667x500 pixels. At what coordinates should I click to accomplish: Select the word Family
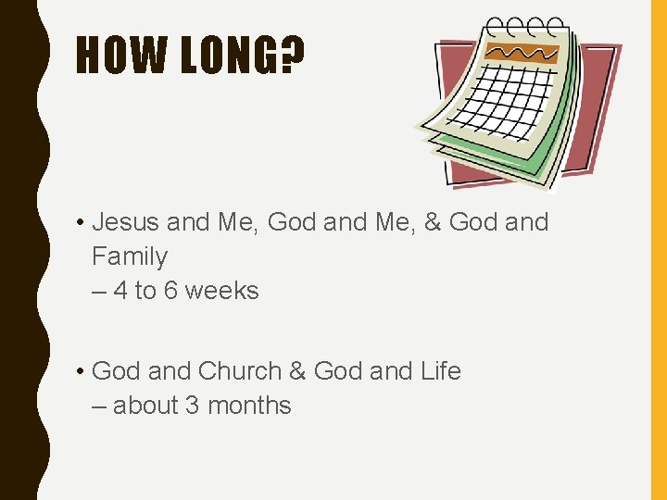(x=130, y=256)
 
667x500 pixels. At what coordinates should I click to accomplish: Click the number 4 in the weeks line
(x=120, y=291)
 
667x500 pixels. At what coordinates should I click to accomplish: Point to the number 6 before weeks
(x=171, y=291)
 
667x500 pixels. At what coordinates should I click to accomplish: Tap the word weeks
(x=222, y=291)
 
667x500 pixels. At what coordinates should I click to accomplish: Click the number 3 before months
(x=193, y=406)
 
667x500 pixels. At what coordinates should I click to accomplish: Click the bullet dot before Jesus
(x=82, y=223)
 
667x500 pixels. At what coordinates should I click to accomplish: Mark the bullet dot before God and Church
(x=82, y=372)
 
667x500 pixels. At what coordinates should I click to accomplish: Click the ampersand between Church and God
(x=297, y=371)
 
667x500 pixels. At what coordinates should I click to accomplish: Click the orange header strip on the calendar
(x=523, y=54)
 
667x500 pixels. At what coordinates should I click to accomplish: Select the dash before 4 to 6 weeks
(x=99, y=292)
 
